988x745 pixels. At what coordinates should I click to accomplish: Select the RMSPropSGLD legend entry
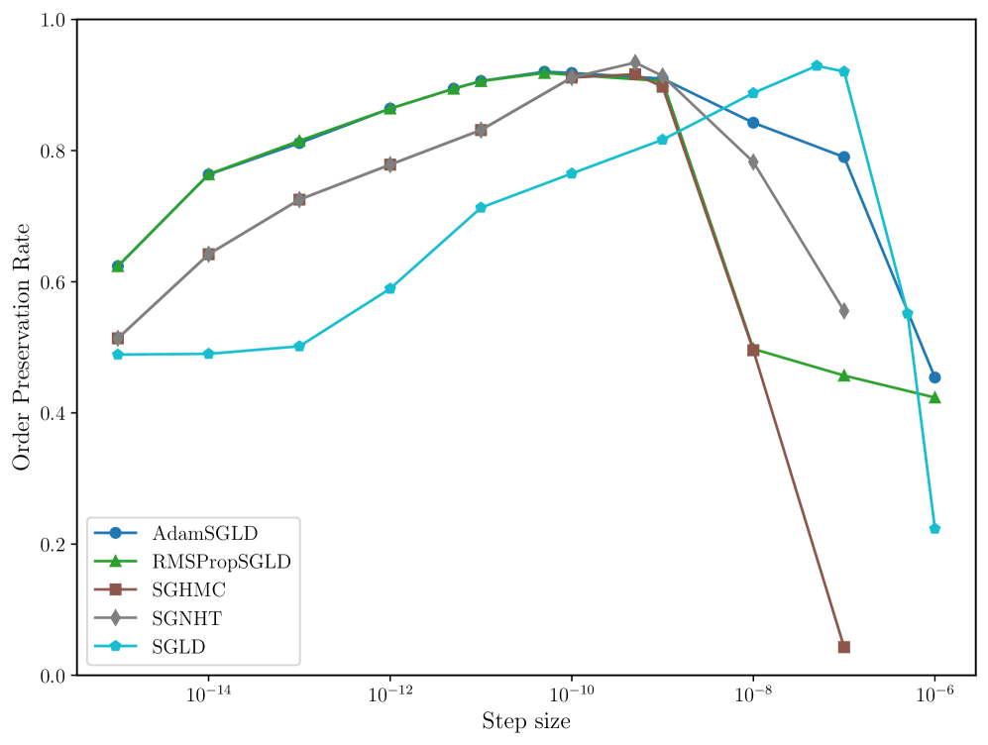click(221, 562)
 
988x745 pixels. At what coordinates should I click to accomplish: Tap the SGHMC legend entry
click(189, 590)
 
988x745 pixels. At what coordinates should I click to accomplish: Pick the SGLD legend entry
click(182, 647)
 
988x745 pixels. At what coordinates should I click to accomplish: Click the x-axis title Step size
click(525, 721)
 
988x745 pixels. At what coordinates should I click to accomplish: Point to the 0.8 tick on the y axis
click(52, 152)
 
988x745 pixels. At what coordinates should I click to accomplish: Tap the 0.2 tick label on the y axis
click(52, 545)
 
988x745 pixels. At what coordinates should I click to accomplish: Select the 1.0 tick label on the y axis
click(52, 20)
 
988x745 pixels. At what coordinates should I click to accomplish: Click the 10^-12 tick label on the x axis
click(389, 694)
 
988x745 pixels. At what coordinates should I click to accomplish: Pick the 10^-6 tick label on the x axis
click(934, 694)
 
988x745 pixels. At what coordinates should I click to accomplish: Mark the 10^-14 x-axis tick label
click(208, 694)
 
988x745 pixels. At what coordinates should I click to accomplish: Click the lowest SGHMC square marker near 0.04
click(843, 647)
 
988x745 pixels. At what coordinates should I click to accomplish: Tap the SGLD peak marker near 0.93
click(817, 65)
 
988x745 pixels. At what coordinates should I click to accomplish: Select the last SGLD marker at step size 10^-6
click(934, 529)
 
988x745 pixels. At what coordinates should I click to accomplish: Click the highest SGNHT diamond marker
click(635, 62)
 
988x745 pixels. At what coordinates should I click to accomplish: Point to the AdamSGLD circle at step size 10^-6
click(934, 377)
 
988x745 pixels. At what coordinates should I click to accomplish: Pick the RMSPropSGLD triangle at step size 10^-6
click(934, 397)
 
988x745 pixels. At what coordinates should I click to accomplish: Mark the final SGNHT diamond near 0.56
click(843, 311)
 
